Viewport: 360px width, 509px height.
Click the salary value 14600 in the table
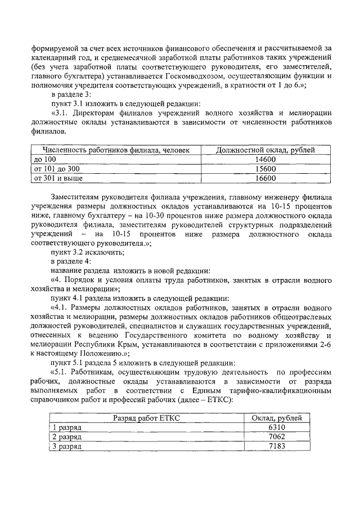pos(265,159)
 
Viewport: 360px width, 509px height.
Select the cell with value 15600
pos(265,169)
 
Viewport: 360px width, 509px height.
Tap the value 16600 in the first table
pos(265,178)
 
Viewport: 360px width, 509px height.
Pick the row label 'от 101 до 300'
pos(57,169)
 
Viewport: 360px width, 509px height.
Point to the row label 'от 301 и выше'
pos(58,178)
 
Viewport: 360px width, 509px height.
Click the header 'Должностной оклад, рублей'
pos(265,150)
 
